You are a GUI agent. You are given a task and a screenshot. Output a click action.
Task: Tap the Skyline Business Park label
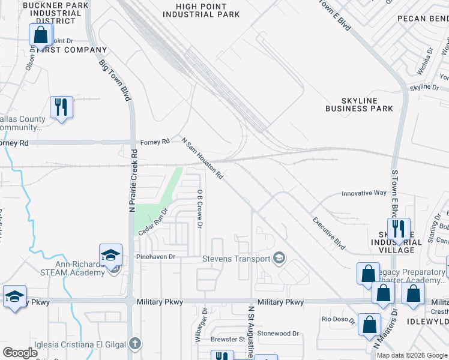(x=359, y=104)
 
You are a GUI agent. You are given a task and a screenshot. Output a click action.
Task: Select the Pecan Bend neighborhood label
(x=423, y=19)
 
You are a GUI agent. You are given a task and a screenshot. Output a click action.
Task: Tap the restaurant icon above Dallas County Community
(x=61, y=107)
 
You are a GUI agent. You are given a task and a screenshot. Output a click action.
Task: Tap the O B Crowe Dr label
(x=200, y=208)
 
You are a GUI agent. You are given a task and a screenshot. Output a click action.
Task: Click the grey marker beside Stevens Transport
(x=279, y=259)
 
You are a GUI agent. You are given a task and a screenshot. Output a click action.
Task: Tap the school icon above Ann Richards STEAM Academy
(x=111, y=256)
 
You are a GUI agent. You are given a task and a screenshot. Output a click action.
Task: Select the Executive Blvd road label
(x=329, y=233)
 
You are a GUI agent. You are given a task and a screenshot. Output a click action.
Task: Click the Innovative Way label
(x=364, y=193)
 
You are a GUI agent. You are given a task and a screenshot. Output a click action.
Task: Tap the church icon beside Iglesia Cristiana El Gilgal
(x=136, y=344)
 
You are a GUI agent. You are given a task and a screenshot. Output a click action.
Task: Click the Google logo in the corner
(x=20, y=353)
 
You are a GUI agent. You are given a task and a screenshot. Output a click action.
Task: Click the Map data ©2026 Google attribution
(x=412, y=355)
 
